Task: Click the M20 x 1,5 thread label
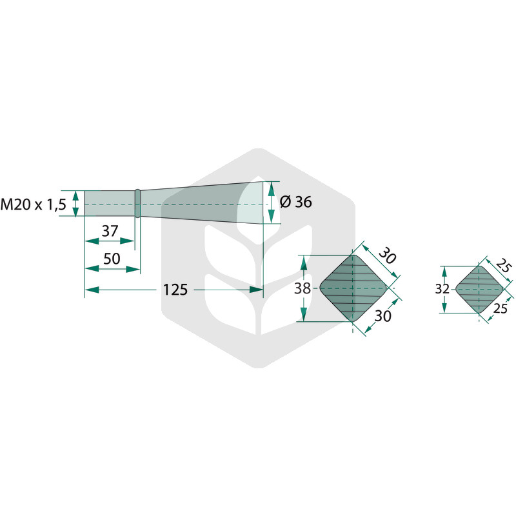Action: [34, 204]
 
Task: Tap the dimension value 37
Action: [110, 231]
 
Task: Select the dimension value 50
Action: [112, 259]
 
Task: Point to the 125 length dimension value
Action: [175, 290]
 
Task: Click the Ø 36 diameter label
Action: [295, 202]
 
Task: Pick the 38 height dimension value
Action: [303, 288]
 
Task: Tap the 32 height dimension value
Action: [442, 289]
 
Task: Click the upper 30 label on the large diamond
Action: [387, 255]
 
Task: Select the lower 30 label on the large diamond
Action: [382, 316]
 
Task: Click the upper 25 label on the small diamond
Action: [504, 265]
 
